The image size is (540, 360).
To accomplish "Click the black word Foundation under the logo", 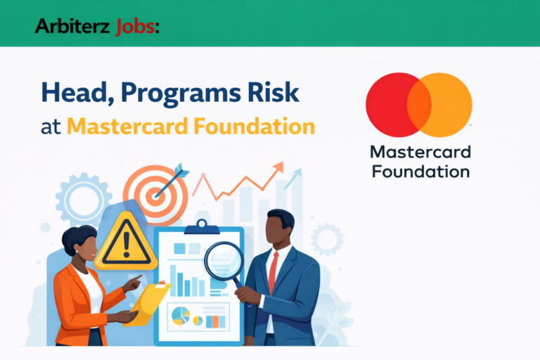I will click(x=420, y=171).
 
